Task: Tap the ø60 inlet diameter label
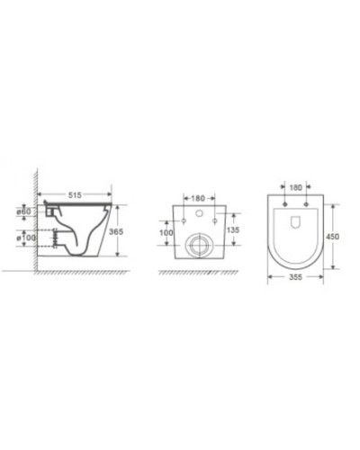click(x=24, y=211)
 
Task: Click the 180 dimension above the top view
click(x=295, y=189)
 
